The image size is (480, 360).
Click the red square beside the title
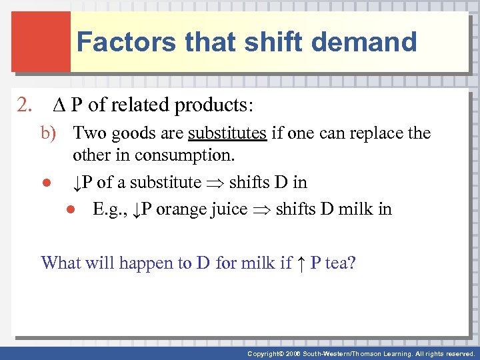click(41, 41)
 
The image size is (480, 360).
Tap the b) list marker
click(52, 133)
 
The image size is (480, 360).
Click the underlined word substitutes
click(227, 133)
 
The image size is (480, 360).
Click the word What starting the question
click(61, 263)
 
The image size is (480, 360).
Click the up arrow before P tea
click(301, 263)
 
